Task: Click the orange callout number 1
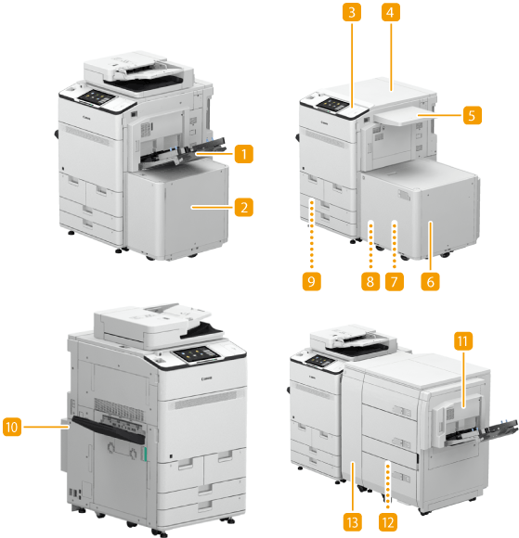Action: pos(244,154)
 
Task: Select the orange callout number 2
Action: pos(244,207)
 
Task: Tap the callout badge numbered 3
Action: pos(351,12)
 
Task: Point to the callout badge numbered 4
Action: pos(391,12)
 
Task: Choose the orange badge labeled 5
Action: pos(473,115)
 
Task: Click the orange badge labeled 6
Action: pos(431,282)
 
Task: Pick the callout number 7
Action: pos(395,282)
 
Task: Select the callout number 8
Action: pos(370,282)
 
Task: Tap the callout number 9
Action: pos(312,282)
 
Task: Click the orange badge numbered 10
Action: pos(12,428)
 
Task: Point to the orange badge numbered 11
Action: pos(463,341)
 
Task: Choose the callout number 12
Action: pos(388,522)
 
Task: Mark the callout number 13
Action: pos(353,522)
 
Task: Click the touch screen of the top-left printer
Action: pos(97,97)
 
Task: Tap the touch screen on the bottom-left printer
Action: pos(198,354)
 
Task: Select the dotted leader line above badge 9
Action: pos(312,235)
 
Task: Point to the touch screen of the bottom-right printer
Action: pos(319,361)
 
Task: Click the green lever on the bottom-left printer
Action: pos(145,454)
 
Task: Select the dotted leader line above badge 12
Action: pos(388,485)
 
